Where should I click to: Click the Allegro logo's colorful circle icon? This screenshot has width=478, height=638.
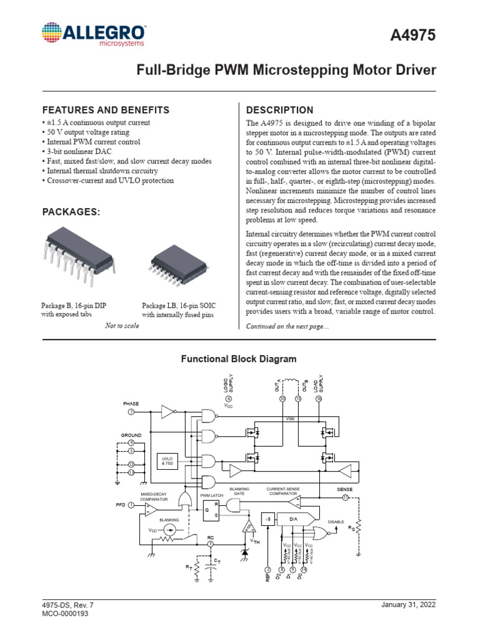54,35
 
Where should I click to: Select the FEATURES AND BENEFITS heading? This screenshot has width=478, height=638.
105,110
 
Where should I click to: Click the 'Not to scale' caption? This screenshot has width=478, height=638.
122,326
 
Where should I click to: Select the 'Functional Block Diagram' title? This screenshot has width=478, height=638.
238,359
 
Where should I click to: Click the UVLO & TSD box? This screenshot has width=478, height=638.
167,462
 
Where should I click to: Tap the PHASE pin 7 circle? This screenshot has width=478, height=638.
131,412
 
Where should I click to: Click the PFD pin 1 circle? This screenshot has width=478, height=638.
131,505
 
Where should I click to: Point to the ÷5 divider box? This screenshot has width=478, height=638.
266,518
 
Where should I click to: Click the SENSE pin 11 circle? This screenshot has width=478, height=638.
345,497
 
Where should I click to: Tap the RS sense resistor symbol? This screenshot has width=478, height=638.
358,528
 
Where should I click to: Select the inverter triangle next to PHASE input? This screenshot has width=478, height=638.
168,412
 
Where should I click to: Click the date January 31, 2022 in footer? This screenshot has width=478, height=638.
408,605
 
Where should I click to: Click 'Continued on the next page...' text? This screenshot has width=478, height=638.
288,326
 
